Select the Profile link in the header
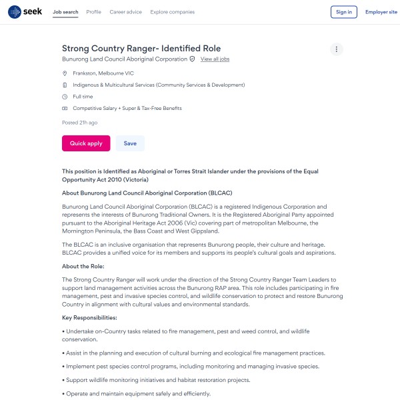pyautogui.click(x=94, y=12)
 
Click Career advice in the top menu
pyautogui.click(x=126, y=12)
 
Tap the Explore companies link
pyautogui.click(x=173, y=12)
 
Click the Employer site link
pyautogui.click(x=381, y=12)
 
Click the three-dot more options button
pyautogui.click(x=337, y=49)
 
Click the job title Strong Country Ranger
pyautogui.click(x=141, y=48)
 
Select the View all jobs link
pyautogui.click(x=215, y=59)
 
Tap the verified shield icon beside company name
pyautogui.click(x=193, y=59)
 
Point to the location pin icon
pyautogui.click(x=65, y=73)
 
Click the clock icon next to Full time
pyautogui.click(x=65, y=97)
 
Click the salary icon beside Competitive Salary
pyautogui.click(x=65, y=108)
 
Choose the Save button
pyautogui.click(x=130, y=143)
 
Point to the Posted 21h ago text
pyautogui.click(x=80, y=123)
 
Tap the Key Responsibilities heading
pyautogui.click(x=89, y=317)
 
